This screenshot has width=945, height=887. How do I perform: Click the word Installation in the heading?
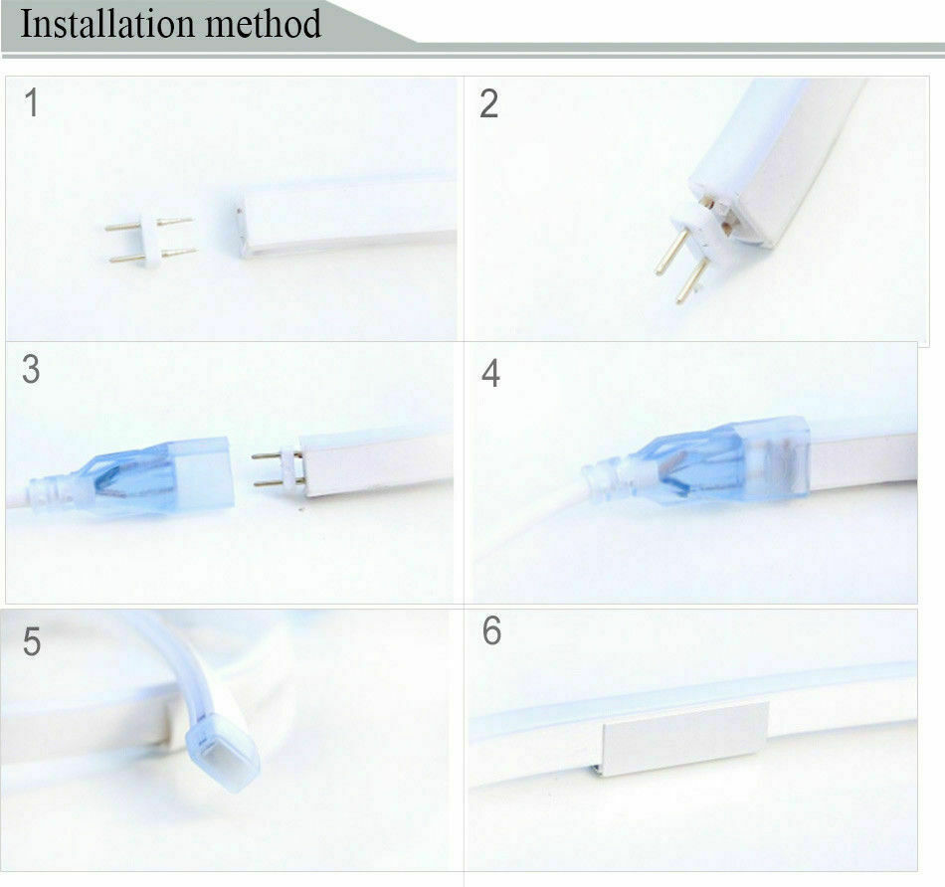[x=107, y=24]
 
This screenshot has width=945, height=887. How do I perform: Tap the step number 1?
[x=32, y=102]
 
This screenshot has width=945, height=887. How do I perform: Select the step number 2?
[x=488, y=103]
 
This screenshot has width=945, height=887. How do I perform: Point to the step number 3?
[x=31, y=369]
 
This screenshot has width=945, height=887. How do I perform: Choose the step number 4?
[x=490, y=373]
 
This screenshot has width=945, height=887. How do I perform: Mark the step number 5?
[x=32, y=641]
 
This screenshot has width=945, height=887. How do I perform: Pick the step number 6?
[x=491, y=630]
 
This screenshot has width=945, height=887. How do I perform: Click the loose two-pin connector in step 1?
[x=150, y=241]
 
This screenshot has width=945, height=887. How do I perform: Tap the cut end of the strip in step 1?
[x=243, y=230]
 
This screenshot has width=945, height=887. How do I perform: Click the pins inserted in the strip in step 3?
[x=278, y=468]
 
